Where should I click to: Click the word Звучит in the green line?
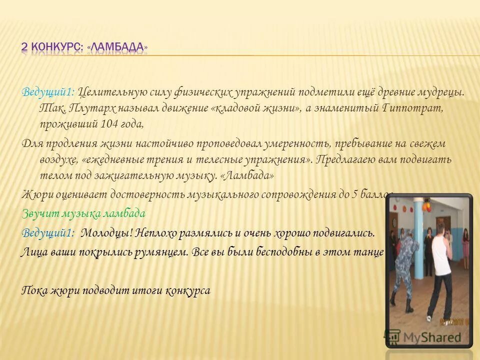37,213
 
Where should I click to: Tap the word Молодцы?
104,233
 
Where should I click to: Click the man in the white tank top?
439,270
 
